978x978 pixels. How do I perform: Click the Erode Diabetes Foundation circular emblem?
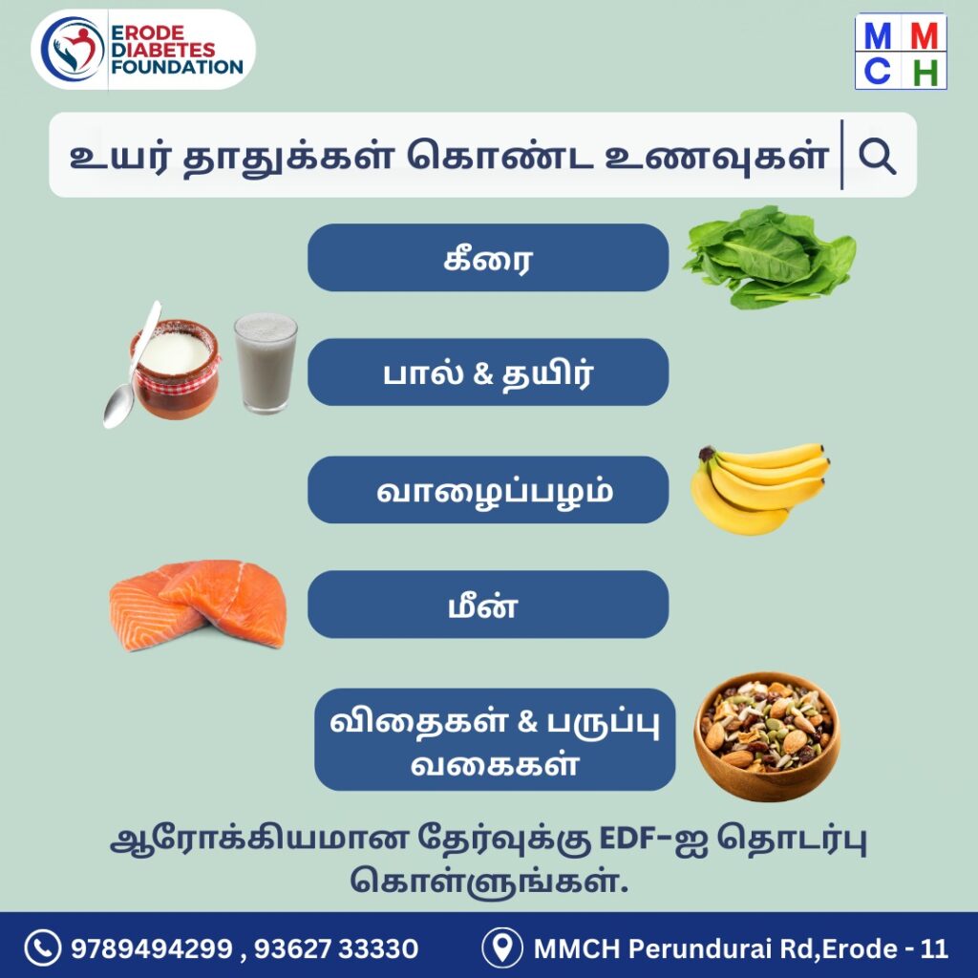tap(72, 50)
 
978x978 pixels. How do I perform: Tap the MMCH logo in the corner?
tap(901, 52)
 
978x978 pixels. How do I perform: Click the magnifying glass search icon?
tap(877, 156)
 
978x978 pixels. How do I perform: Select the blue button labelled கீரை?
tap(488, 258)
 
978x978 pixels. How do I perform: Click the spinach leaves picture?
tap(769, 257)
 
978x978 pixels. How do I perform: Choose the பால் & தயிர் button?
tap(488, 372)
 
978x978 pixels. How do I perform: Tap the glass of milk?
tap(266, 363)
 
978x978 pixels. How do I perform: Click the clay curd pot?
tap(176, 370)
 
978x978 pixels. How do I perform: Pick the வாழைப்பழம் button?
tap(488, 490)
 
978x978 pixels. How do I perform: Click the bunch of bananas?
tap(759, 489)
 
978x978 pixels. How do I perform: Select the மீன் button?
tap(488, 605)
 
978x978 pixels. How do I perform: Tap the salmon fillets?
tap(199, 605)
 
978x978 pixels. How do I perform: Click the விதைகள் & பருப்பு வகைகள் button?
tap(495, 740)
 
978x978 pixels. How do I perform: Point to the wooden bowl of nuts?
tap(767, 736)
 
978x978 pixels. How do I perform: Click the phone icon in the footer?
tap(42, 948)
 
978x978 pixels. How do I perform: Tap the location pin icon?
tap(502, 948)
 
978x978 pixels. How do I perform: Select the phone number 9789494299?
tap(152, 948)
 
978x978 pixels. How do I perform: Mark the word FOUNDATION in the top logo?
tap(177, 67)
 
